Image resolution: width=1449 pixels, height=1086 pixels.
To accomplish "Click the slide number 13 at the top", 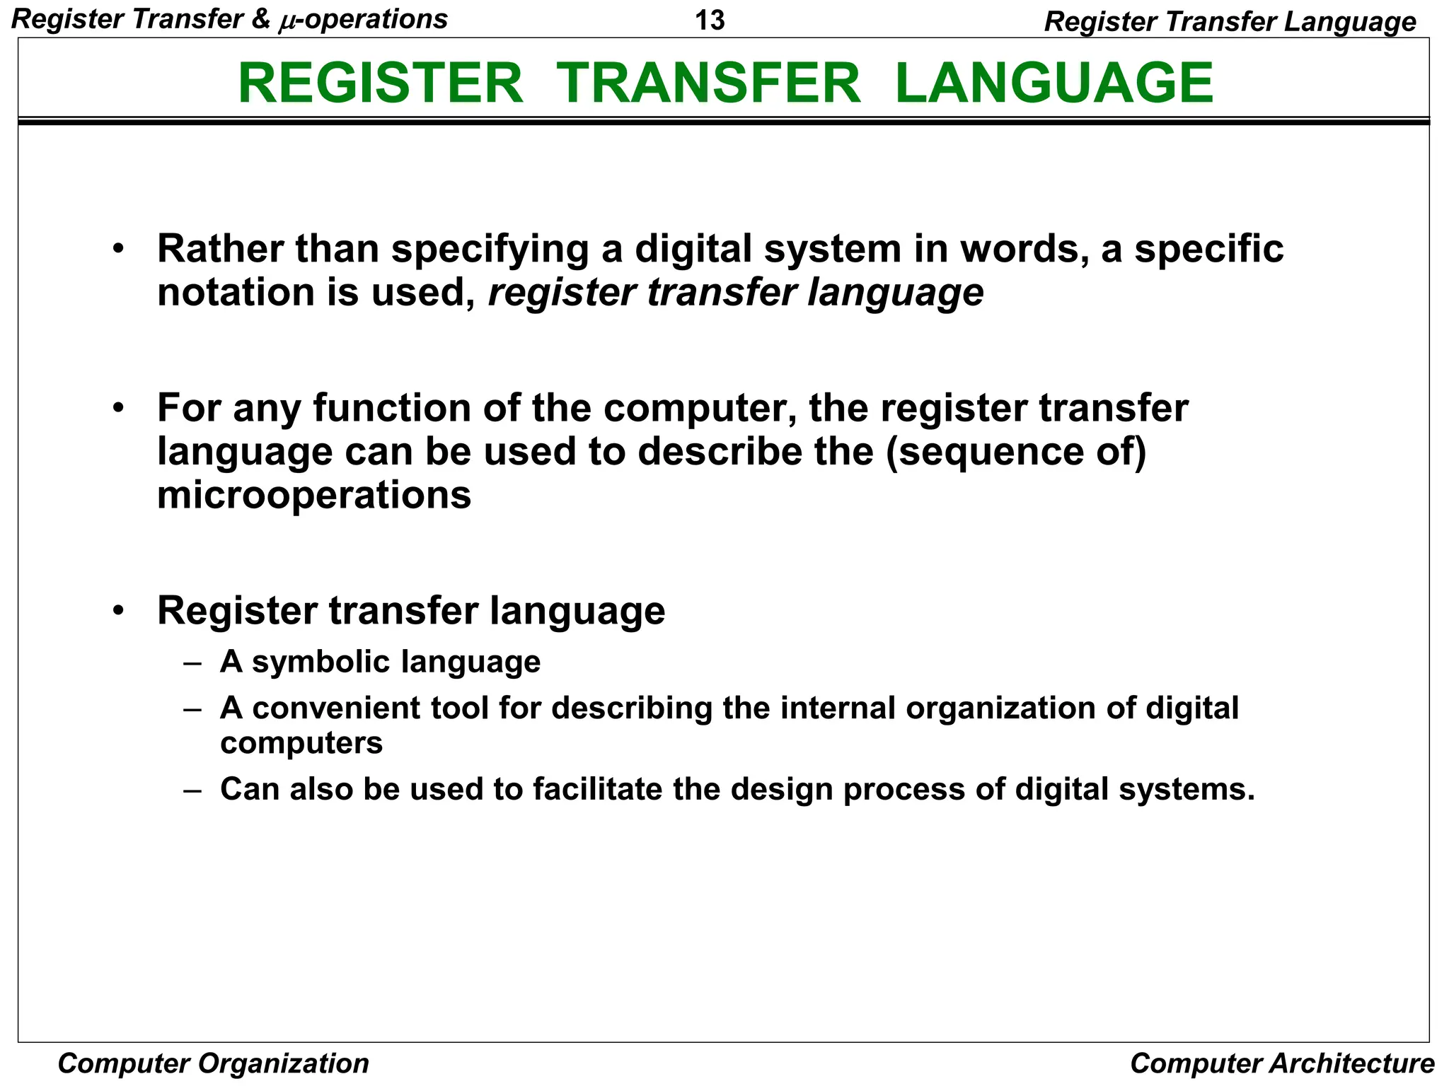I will click(710, 21).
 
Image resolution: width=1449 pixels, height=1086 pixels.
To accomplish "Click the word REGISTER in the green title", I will click(381, 83).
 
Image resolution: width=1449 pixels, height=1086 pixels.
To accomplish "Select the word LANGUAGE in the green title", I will click(1054, 83).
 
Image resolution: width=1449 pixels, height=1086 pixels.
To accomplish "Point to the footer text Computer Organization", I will click(213, 1063).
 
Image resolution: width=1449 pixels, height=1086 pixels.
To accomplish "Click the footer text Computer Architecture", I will click(1282, 1063).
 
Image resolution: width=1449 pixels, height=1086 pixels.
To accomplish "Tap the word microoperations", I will click(314, 495).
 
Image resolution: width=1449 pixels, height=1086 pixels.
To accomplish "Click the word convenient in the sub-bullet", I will click(335, 708).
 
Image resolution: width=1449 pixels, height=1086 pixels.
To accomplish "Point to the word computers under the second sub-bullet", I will click(301, 743).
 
